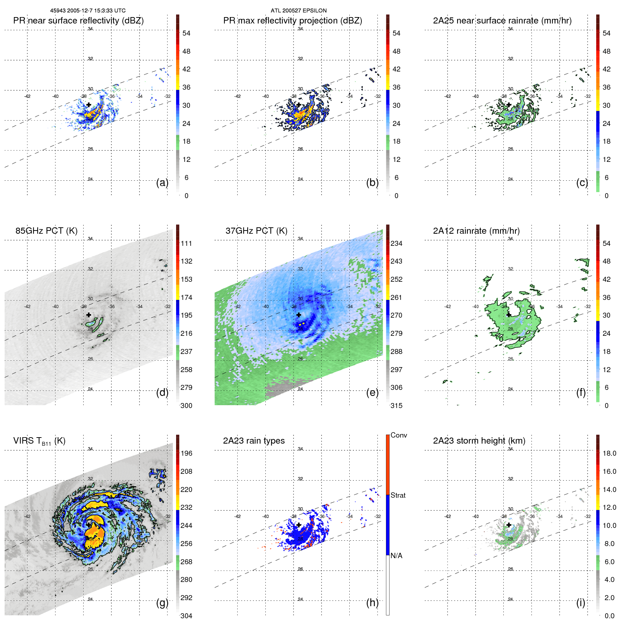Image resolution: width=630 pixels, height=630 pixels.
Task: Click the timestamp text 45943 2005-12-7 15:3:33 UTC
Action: tap(88, 11)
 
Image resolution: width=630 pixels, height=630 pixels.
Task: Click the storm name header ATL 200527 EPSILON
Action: tap(298, 11)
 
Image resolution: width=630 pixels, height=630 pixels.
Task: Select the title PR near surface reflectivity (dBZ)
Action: tap(78, 21)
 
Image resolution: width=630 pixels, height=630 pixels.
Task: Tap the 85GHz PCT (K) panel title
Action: tap(46, 231)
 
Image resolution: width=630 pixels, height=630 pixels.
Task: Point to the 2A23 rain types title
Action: tap(254, 441)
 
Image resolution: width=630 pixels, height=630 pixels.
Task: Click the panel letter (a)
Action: tap(162, 182)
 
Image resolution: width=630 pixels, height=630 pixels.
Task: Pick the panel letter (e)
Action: tap(372, 392)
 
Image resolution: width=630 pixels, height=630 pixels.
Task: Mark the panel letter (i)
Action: tap(581, 603)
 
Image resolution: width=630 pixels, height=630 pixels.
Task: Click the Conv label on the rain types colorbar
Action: tap(398, 435)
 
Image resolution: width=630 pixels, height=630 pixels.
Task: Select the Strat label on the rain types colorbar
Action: tap(398, 495)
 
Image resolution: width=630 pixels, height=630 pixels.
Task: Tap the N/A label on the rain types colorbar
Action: tap(396, 556)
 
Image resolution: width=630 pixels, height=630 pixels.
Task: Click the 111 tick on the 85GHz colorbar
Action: tap(186, 243)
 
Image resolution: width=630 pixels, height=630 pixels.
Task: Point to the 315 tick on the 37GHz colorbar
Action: tap(396, 406)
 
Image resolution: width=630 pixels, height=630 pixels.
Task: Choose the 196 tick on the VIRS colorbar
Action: tap(186, 453)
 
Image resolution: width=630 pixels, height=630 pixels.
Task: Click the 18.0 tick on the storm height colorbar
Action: tap(609, 453)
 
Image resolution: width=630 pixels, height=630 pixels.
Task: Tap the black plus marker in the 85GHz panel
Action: tap(89, 315)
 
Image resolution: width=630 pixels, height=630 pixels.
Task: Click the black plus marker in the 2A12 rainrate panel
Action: tap(509, 315)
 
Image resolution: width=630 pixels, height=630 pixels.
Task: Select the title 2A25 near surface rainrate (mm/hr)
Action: tap(502, 21)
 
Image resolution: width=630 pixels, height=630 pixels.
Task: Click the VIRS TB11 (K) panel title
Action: tap(39, 441)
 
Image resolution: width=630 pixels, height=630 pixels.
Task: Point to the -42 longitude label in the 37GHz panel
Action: tap(237, 306)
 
